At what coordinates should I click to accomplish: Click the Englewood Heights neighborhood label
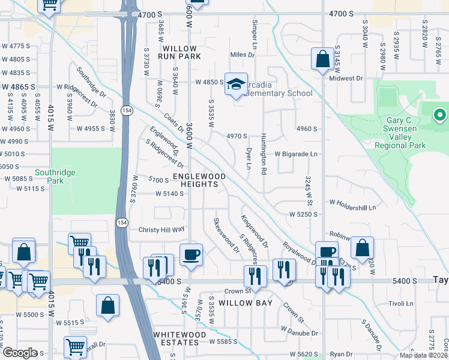pyautogui.click(x=199, y=180)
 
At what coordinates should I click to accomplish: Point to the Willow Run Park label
pyautogui.click(x=177, y=52)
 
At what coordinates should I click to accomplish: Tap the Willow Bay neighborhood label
pyautogui.click(x=246, y=303)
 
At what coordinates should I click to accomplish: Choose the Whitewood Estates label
pyautogui.click(x=175, y=338)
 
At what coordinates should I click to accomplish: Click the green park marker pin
pyautogui.click(x=440, y=114)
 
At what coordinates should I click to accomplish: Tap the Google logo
pyautogui.click(x=19, y=353)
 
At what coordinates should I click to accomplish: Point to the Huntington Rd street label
pyautogui.click(x=264, y=155)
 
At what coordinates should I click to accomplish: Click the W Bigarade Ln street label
pyautogui.click(x=296, y=154)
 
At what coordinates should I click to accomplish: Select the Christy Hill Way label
pyautogui.click(x=161, y=230)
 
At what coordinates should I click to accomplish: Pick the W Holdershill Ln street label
pyautogui.click(x=352, y=207)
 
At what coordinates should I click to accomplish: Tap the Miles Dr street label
pyautogui.click(x=243, y=55)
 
